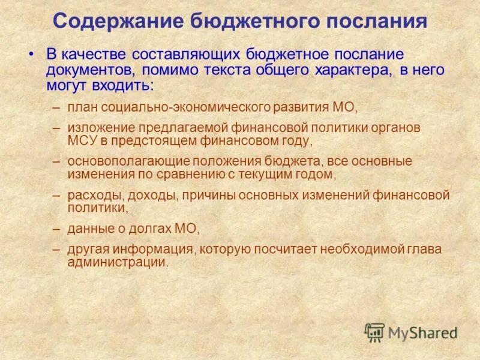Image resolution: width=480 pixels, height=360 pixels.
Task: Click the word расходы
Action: (x=90, y=195)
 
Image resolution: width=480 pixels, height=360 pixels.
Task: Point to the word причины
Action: (x=191, y=195)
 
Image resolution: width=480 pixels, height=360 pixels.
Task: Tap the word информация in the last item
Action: (x=158, y=248)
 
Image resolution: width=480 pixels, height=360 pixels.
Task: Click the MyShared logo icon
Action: (x=374, y=332)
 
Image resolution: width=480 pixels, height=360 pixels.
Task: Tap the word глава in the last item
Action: (x=427, y=248)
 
